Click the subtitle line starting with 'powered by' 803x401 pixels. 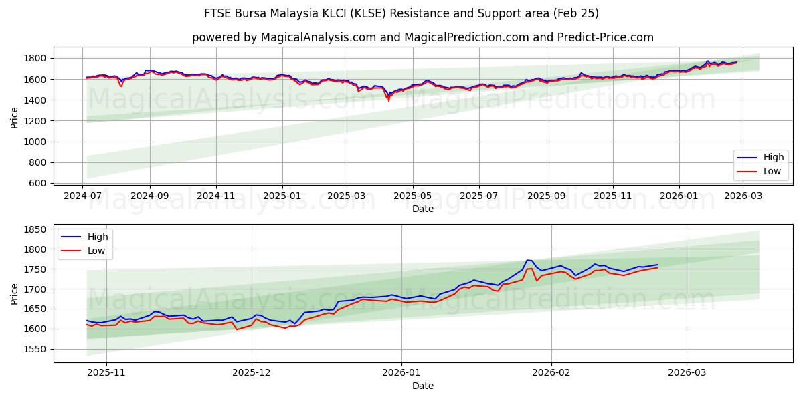pos(422,37)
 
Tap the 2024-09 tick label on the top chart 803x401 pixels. pos(149,196)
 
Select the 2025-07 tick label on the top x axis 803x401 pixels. pos(478,196)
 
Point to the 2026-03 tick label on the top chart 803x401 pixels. pos(743,196)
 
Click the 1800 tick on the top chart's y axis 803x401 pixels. pos(34,59)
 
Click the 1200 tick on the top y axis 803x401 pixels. pos(34,121)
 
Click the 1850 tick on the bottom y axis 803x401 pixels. pos(34,229)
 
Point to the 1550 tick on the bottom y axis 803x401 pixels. pos(34,349)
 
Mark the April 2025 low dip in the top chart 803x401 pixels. pos(388,100)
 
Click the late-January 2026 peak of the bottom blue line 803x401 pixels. pos(528,260)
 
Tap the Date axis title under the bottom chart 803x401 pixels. pos(422,386)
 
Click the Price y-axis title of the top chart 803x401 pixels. pos(15,117)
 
